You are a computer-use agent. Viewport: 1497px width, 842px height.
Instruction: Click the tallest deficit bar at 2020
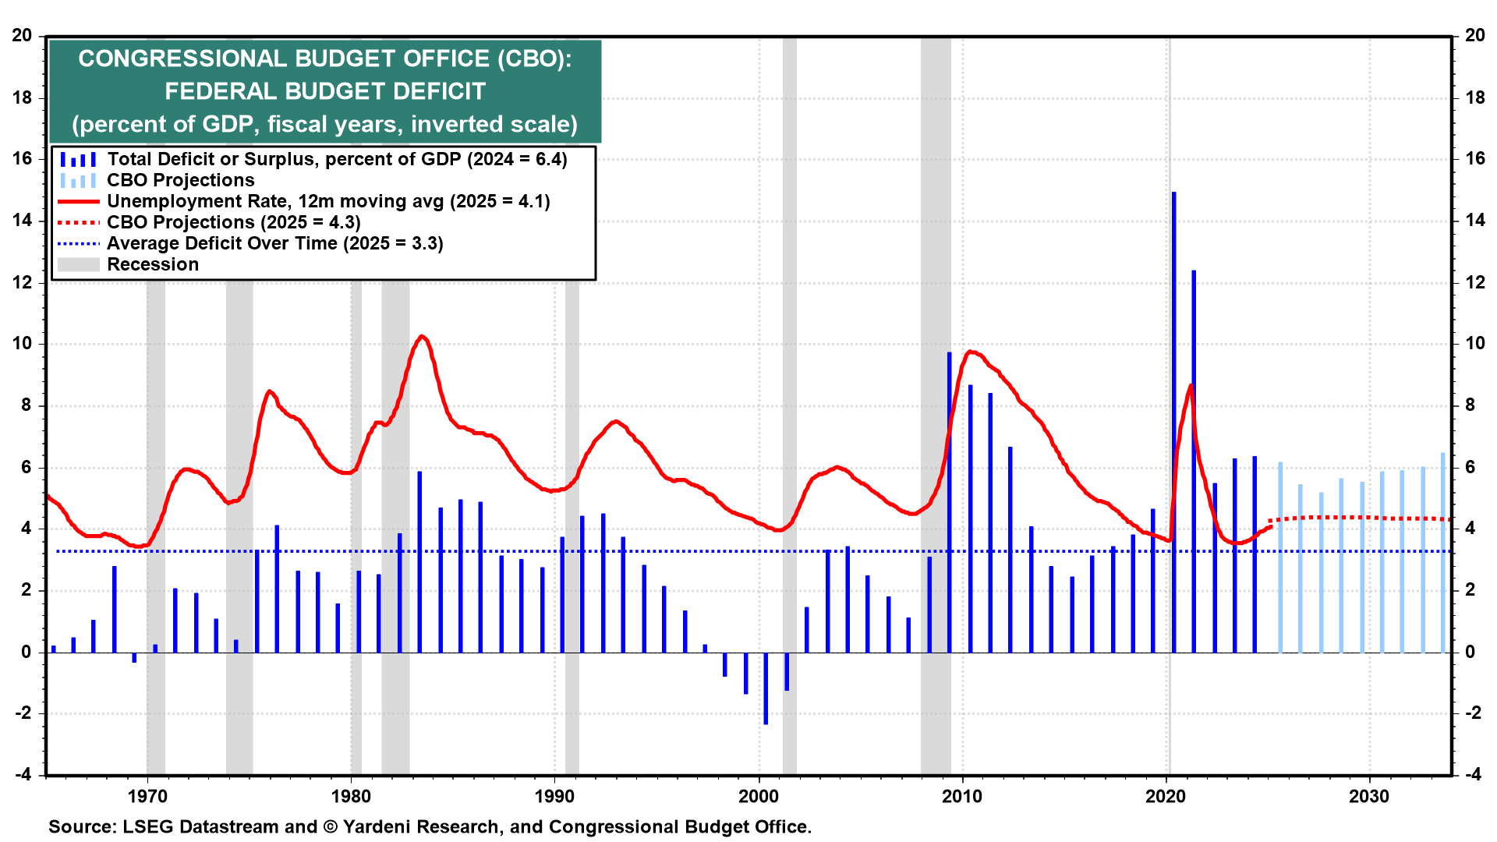tap(1173, 421)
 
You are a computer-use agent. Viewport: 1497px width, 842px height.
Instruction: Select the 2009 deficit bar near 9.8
tap(950, 503)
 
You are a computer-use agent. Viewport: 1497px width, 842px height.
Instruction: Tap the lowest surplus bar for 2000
tap(766, 688)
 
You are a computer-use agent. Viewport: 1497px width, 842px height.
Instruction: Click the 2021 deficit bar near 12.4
tap(1194, 460)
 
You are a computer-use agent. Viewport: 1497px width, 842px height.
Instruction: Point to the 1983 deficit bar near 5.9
tap(419, 561)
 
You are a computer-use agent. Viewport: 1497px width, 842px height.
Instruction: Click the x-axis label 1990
tap(554, 796)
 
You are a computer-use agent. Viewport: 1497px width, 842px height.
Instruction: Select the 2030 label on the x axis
tap(1369, 796)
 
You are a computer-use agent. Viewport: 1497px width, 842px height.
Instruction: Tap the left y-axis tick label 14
tap(22, 221)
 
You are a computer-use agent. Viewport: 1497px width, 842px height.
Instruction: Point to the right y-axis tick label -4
tap(1473, 774)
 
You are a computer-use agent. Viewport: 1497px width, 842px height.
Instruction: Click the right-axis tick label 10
tap(1474, 344)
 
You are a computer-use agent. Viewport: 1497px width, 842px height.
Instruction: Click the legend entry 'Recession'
tap(153, 264)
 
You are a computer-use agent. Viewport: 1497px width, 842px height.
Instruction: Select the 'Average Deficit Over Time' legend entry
tap(274, 243)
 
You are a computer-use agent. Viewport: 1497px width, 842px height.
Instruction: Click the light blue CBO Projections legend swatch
tap(78, 181)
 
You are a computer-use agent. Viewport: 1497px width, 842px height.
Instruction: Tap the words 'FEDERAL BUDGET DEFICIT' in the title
tap(325, 91)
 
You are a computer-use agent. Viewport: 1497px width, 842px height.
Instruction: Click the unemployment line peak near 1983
tap(422, 336)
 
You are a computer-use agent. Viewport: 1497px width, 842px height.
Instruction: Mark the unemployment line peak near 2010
tap(970, 352)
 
